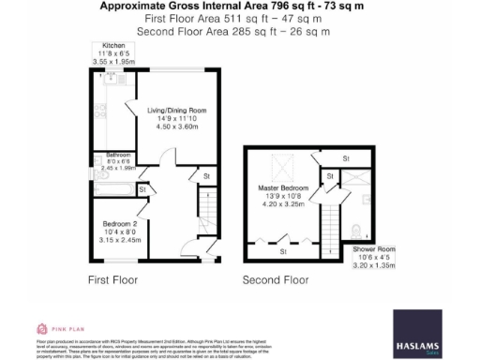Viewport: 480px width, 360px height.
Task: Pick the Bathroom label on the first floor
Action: click(117, 155)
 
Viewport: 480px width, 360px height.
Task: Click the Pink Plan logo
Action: click(54, 329)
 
